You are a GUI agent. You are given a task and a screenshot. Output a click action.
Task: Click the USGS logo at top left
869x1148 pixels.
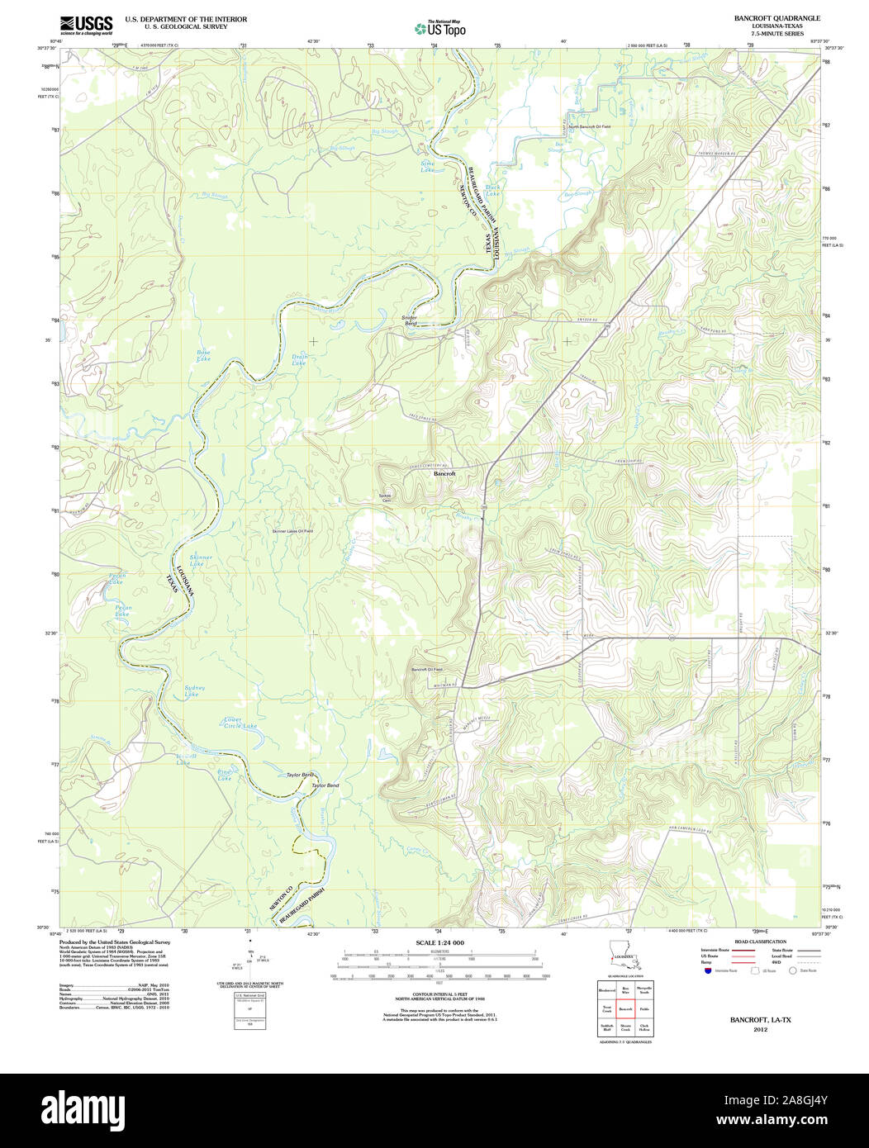click(86, 25)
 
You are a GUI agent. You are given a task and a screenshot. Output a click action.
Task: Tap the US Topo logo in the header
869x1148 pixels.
click(440, 27)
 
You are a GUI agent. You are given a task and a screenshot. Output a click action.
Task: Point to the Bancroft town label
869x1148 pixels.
click(444, 474)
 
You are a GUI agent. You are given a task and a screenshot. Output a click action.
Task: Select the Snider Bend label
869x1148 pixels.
click(410, 320)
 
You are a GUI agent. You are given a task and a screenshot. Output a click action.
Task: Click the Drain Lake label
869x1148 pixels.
click(299, 361)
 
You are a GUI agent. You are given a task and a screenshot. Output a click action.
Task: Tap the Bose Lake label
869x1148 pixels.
click(203, 356)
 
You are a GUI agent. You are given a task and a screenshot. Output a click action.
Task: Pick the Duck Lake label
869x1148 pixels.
click(493, 190)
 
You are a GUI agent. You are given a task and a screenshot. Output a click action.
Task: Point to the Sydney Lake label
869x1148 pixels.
click(194, 690)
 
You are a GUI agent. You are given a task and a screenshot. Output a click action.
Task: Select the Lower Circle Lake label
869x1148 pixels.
click(240, 722)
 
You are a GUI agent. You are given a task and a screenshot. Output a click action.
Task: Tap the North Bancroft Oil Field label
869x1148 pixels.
click(589, 126)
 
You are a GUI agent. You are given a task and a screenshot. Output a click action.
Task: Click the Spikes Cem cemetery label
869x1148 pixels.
click(385, 498)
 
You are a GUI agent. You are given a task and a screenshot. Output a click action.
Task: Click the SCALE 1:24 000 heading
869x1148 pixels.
click(439, 942)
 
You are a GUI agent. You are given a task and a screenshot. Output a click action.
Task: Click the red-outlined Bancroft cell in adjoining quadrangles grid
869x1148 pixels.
click(624, 1009)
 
